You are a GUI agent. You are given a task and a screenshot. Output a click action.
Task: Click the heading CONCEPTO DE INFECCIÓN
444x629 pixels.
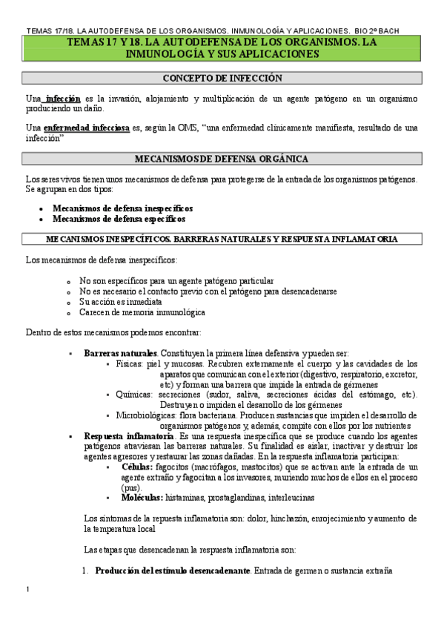pyautogui.click(x=222, y=78)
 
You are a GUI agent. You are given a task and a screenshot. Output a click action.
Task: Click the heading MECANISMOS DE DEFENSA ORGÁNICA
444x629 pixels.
pyautogui.click(x=222, y=159)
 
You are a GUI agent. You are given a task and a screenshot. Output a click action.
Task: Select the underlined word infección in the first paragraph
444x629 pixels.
pyautogui.click(x=62, y=99)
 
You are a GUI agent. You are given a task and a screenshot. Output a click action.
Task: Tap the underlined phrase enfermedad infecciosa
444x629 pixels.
pyautogui.click(x=86, y=128)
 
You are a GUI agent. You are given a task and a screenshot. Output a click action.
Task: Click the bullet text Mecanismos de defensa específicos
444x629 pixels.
pyautogui.click(x=119, y=219)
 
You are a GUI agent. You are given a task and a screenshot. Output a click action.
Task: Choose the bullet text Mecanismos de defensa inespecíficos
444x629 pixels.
pyautogui.click(x=122, y=208)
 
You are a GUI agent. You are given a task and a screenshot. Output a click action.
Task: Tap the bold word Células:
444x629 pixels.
pyautogui.click(x=138, y=467)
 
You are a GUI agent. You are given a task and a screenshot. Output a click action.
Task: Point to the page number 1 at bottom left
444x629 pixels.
pyautogui.click(x=27, y=610)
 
